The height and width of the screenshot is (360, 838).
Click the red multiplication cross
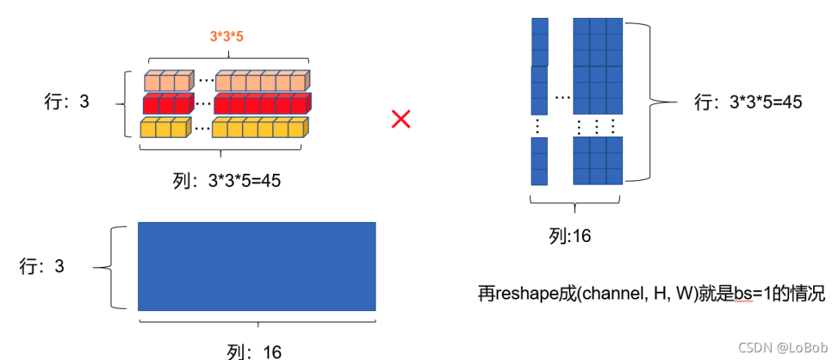click(400, 119)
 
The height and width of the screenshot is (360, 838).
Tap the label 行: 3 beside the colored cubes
click(67, 102)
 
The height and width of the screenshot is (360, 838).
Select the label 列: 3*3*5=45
click(225, 181)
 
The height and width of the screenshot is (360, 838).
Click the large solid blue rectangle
click(257, 266)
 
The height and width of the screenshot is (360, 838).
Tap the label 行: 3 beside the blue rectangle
click(43, 267)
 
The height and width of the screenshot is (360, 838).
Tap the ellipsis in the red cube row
click(203, 103)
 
